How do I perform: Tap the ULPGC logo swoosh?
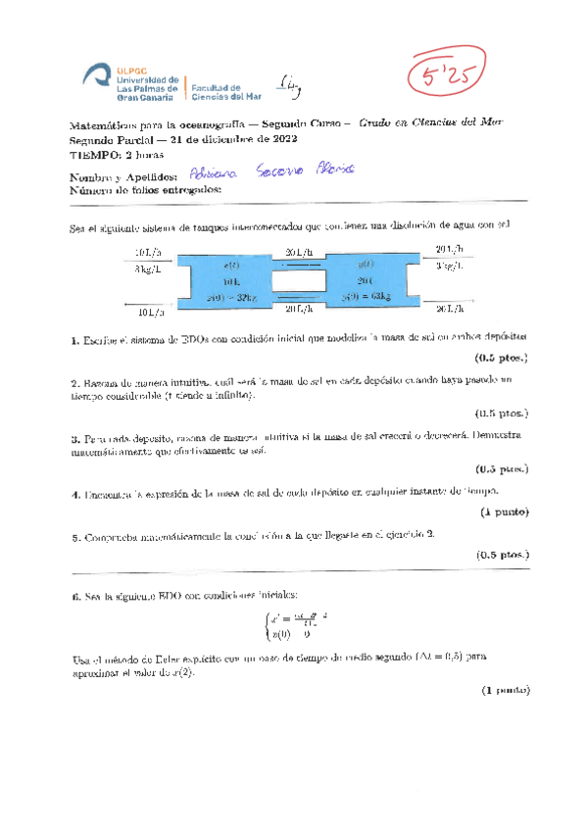click(97, 74)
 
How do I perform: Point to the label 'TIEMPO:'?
click(91, 155)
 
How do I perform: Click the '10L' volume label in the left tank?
click(232, 280)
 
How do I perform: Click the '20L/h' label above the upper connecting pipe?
click(299, 252)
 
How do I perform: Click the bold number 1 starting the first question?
click(74, 340)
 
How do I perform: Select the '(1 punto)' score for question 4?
click(504, 513)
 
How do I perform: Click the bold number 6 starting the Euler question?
click(74, 596)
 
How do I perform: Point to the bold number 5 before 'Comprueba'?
click(74, 536)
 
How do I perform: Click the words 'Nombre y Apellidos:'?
click(113, 175)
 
